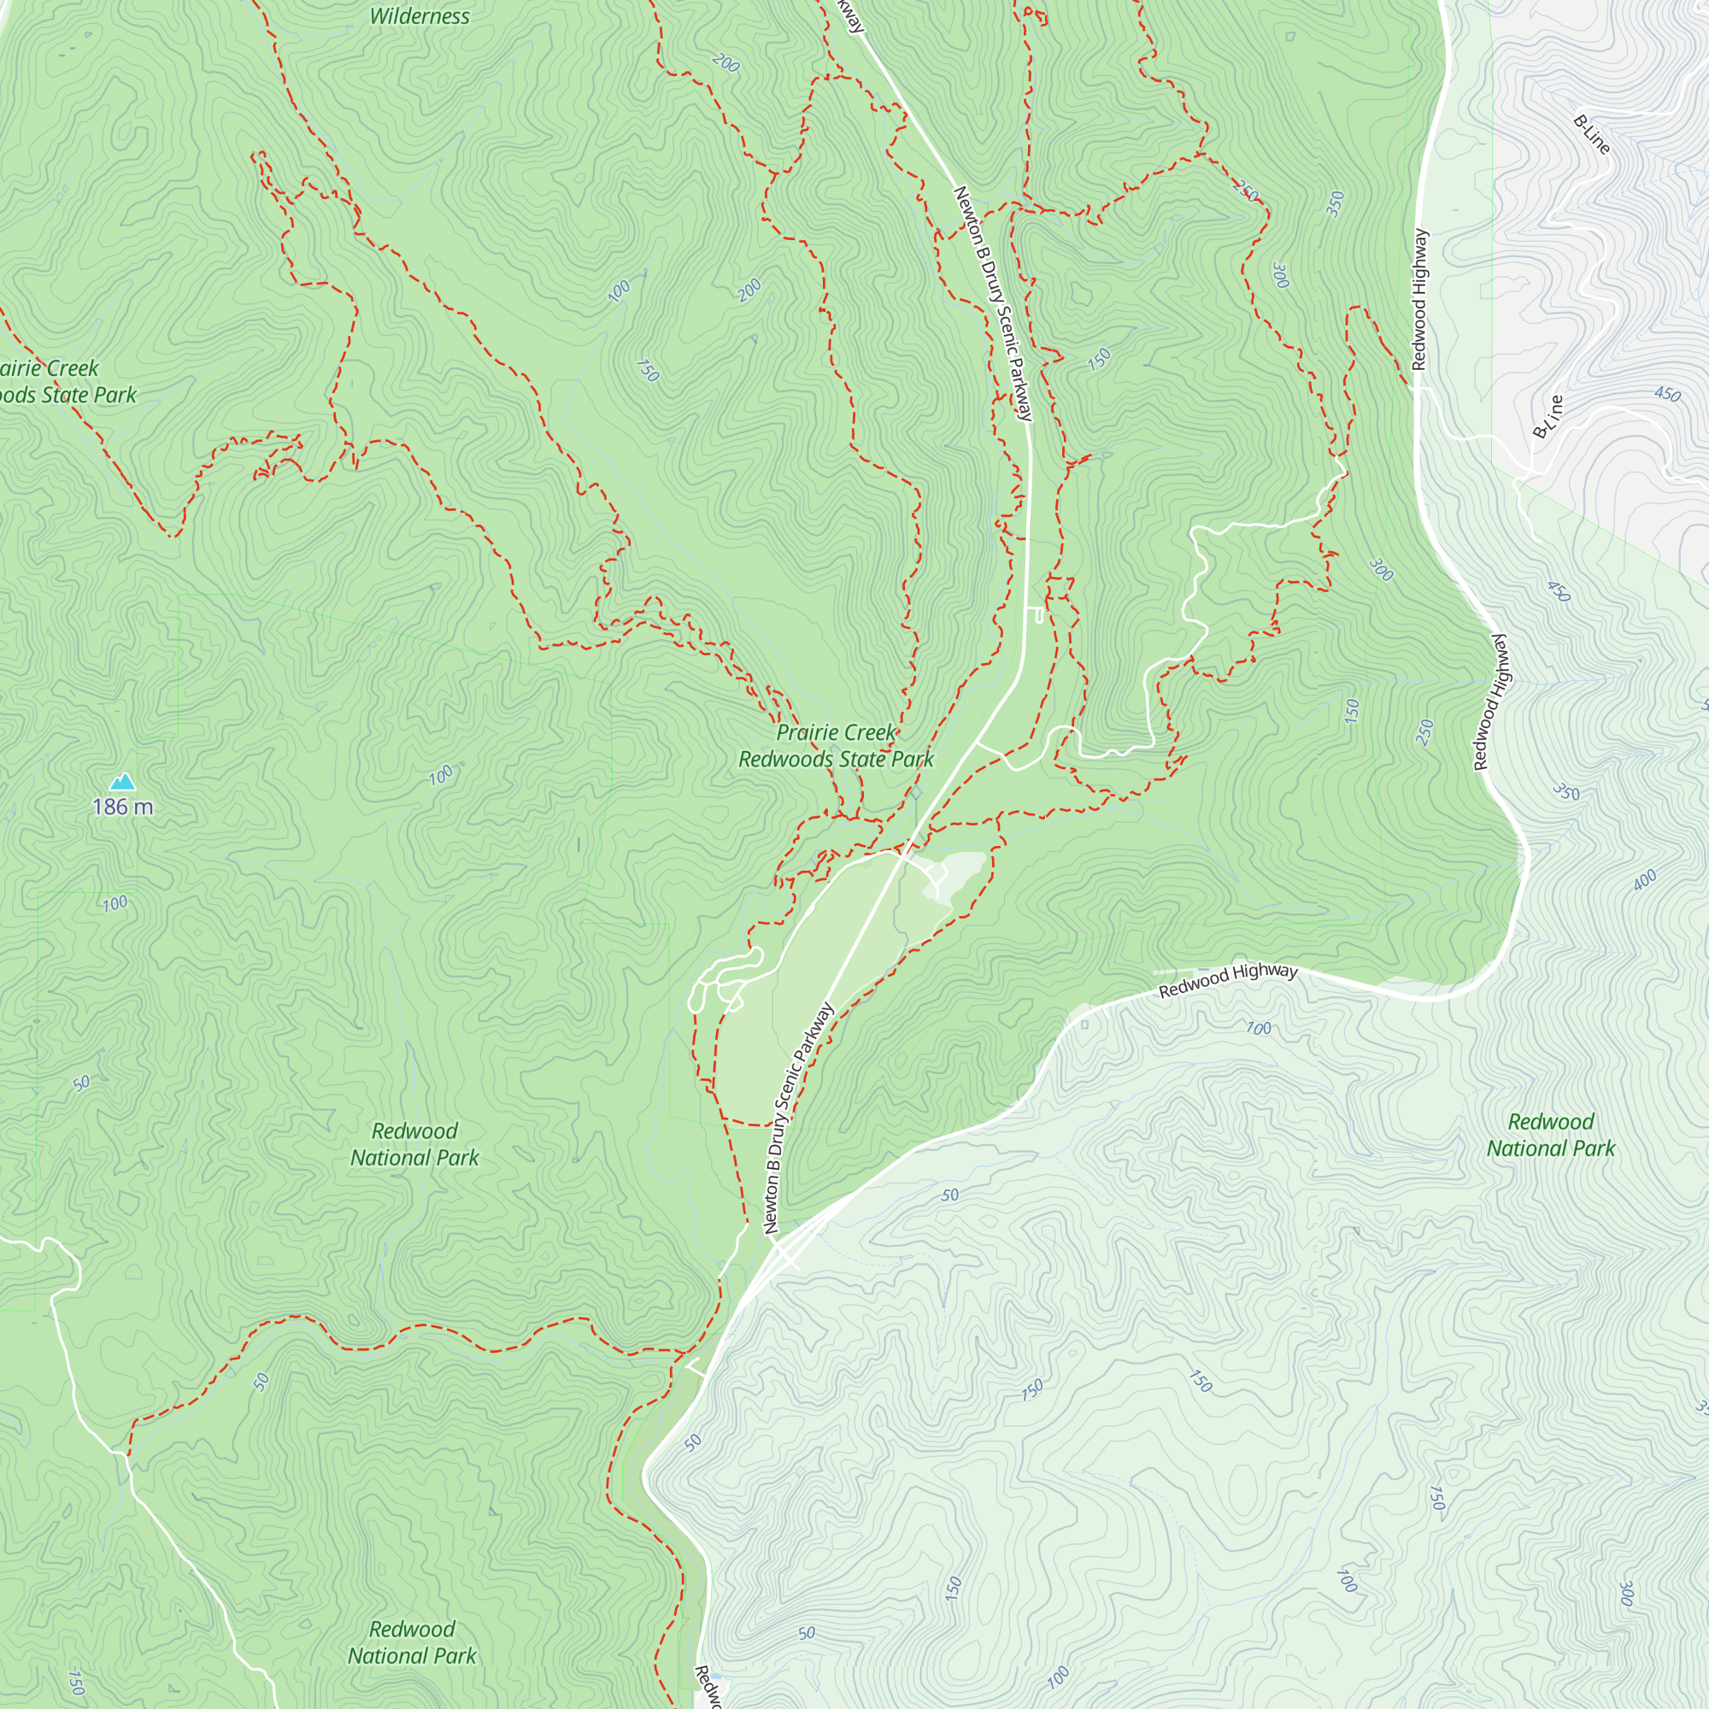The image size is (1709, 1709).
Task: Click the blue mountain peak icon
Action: pyautogui.click(x=122, y=781)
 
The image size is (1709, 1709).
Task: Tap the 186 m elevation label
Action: pyautogui.click(x=122, y=807)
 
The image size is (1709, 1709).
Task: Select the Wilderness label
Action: pyautogui.click(x=420, y=16)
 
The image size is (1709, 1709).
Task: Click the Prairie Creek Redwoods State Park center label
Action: pyautogui.click(x=836, y=746)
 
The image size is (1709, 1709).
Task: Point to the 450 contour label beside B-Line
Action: pyautogui.click(x=1666, y=394)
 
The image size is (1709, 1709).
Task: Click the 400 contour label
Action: pyautogui.click(x=1644, y=880)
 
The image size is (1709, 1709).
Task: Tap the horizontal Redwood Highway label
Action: pyautogui.click(x=1228, y=980)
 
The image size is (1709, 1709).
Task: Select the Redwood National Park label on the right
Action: pyautogui.click(x=1551, y=1135)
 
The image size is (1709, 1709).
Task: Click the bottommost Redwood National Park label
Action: pyautogui.click(x=412, y=1642)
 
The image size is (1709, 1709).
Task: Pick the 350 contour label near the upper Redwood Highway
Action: pyautogui.click(x=1336, y=203)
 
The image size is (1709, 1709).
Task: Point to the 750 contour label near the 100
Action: pyautogui.click(x=648, y=371)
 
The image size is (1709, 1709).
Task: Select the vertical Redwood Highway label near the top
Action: pyautogui.click(x=1418, y=299)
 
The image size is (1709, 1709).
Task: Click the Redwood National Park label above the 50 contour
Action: pyautogui.click(x=414, y=1144)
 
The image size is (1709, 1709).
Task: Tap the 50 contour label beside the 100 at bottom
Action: pyautogui.click(x=806, y=1633)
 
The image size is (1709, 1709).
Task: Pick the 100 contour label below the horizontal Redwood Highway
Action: pyautogui.click(x=1258, y=1028)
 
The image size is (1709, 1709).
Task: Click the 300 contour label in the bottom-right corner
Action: pyautogui.click(x=1625, y=1594)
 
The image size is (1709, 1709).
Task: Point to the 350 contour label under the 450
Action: pyautogui.click(x=1565, y=792)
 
